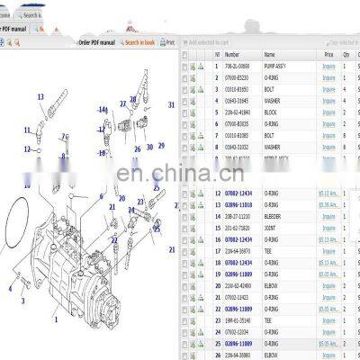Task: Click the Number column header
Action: [x=232, y=55]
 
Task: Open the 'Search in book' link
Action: [x=139, y=42]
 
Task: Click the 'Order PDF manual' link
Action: [x=96, y=42]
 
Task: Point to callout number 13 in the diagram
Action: [x=40, y=97]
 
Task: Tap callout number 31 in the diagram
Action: [x=171, y=105]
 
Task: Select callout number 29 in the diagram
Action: [x=161, y=145]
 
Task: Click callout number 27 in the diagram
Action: [x=123, y=104]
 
